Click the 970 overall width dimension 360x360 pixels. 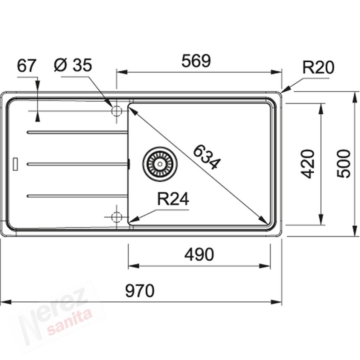(139, 291)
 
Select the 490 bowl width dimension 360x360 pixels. (199, 255)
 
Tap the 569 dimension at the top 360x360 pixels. (196, 61)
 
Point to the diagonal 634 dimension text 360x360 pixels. (207, 157)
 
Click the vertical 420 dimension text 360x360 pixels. (308, 164)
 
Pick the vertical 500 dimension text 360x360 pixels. (344, 164)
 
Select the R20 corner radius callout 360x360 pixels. (318, 67)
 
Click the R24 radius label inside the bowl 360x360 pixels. (173, 199)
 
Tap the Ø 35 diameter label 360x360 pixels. (73, 65)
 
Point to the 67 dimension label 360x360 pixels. (27, 65)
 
